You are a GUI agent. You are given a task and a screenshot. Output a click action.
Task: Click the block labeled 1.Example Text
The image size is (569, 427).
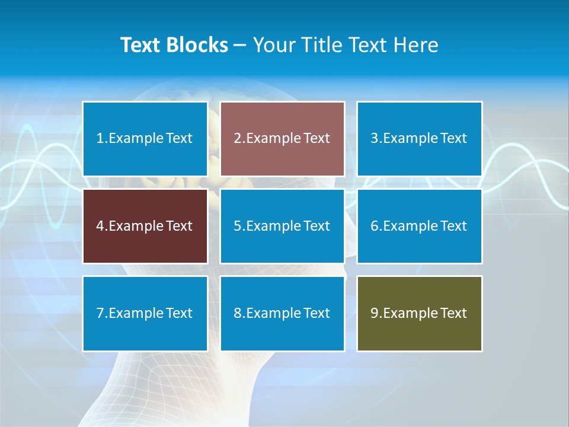pyautogui.click(x=145, y=139)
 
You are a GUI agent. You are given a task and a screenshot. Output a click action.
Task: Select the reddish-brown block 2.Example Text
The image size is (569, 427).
pyautogui.click(x=282, y=139)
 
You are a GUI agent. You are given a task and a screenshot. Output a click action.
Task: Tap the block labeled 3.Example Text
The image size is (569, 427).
pyautogui.click(x=419, y=139)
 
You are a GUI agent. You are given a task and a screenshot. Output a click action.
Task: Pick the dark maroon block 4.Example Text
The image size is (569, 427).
pyautogui.click(x=145, y=226)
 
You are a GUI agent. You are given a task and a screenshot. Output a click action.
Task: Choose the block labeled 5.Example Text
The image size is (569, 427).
pyautogui.click(x=282, y=226)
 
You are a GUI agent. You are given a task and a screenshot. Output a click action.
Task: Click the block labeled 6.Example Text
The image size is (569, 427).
pyautogui.click(x=419, y=226)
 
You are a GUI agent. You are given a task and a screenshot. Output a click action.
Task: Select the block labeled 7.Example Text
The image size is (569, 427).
pyautogui.click(x=145, y=313)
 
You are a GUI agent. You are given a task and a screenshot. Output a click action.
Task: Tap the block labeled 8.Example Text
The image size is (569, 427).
pyautogui.click(x=282, y=313)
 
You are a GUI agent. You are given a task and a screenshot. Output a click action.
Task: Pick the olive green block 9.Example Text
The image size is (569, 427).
pyautogui.click(x=419, y=313)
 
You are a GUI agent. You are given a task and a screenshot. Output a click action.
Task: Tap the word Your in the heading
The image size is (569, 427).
pyautogui.click(x=274, y=45)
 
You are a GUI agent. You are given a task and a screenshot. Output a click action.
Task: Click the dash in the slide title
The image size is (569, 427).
pyautogui.click(x=240, y=45)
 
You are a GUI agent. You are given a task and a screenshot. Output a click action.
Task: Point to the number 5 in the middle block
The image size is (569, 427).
pyautogui.click(x=237, y=226)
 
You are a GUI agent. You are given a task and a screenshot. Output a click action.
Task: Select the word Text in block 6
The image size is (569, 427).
pyautogui.click(x=453, y=226)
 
